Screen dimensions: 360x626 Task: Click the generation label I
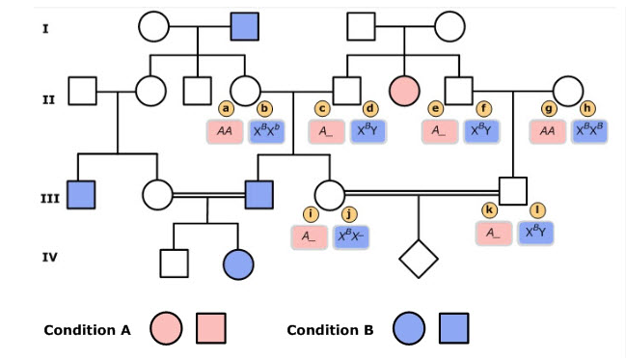45,29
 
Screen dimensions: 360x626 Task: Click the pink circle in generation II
404,92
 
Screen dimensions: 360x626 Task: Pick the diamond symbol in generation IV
419,259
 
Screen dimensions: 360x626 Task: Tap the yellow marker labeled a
227,109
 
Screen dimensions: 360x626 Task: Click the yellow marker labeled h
587,109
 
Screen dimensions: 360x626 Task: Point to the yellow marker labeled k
490,209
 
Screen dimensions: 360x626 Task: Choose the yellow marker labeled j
349,213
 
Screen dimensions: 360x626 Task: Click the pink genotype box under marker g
548,131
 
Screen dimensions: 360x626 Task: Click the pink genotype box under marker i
309,235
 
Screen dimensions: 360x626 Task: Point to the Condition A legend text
87,330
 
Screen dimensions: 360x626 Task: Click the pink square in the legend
211,329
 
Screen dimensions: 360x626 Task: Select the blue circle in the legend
409,329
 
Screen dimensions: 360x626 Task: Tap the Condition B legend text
330,330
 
